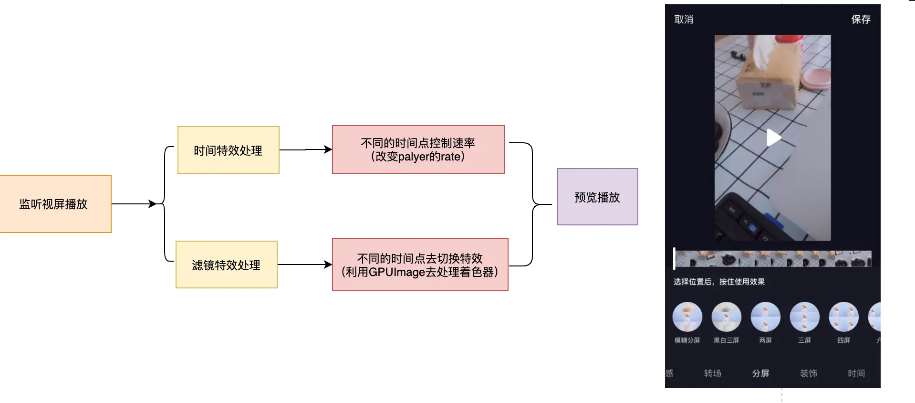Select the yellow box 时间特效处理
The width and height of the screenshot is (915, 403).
tap(229, 150)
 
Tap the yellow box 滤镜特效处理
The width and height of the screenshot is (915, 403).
tap(227, 265)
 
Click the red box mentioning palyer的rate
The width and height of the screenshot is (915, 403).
tap(418, 149)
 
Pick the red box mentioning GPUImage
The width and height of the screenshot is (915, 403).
tap(420, 265)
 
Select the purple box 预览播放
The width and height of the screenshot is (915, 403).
tap(598, 197)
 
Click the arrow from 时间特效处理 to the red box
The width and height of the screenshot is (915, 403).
tap(306, 150)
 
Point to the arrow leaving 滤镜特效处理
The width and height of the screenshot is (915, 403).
tap(305, 265)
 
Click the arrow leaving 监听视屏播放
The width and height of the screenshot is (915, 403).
tap(134, 204)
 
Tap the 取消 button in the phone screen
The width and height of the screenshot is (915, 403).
tap(684, 20)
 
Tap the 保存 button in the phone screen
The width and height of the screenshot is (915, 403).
tap(861, 20)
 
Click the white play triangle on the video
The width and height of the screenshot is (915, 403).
tap(773, 138)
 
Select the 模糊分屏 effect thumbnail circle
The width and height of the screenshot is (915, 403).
tap(687, 317)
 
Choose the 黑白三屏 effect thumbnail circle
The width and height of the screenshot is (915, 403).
tap(727, 317)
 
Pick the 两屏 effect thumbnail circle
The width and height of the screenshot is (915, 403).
tap(766, 317)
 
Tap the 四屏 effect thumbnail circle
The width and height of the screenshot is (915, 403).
tap(843, 317)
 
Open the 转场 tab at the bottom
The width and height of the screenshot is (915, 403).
tap(713, 373)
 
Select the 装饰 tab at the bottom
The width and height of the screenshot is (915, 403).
tap(809, 373)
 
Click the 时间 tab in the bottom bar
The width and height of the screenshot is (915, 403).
tap(856, 373)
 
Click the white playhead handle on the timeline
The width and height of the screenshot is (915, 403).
tap(674, 258)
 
